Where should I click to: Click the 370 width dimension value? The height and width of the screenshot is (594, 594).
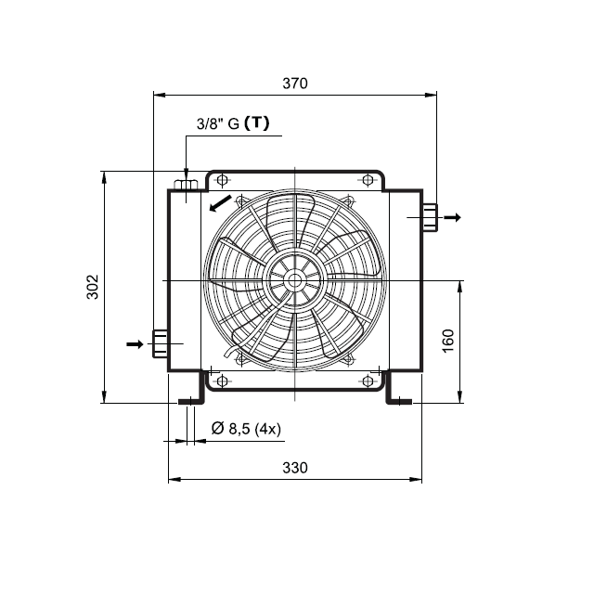pos(295,84)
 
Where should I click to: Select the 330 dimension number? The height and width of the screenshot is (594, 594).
pos(295,468)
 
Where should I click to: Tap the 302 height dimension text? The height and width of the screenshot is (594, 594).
pos(93,287)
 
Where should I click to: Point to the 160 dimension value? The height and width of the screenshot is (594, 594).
pos(448,341)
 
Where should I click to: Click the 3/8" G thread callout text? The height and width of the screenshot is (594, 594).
pos(218,123)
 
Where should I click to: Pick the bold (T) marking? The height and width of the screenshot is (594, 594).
pos(257,123)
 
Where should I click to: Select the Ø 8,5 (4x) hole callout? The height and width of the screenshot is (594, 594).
pos(246,429)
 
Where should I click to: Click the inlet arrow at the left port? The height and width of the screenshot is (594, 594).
pos(135,344)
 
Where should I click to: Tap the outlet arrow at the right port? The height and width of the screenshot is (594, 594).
pos(452,217)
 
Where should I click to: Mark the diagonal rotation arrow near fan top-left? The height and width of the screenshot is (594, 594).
pos(220,203)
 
